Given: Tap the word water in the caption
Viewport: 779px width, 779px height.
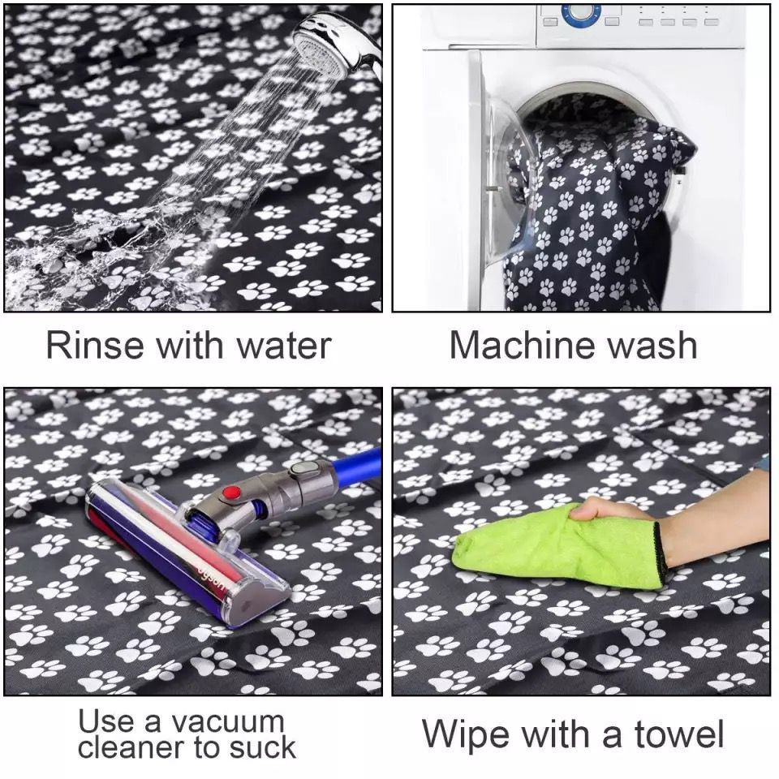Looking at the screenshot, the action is tap(284, 346).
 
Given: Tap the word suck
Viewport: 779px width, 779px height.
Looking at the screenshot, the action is tap(262, 747).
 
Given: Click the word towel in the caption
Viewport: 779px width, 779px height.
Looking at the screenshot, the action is tap(679, 734).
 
